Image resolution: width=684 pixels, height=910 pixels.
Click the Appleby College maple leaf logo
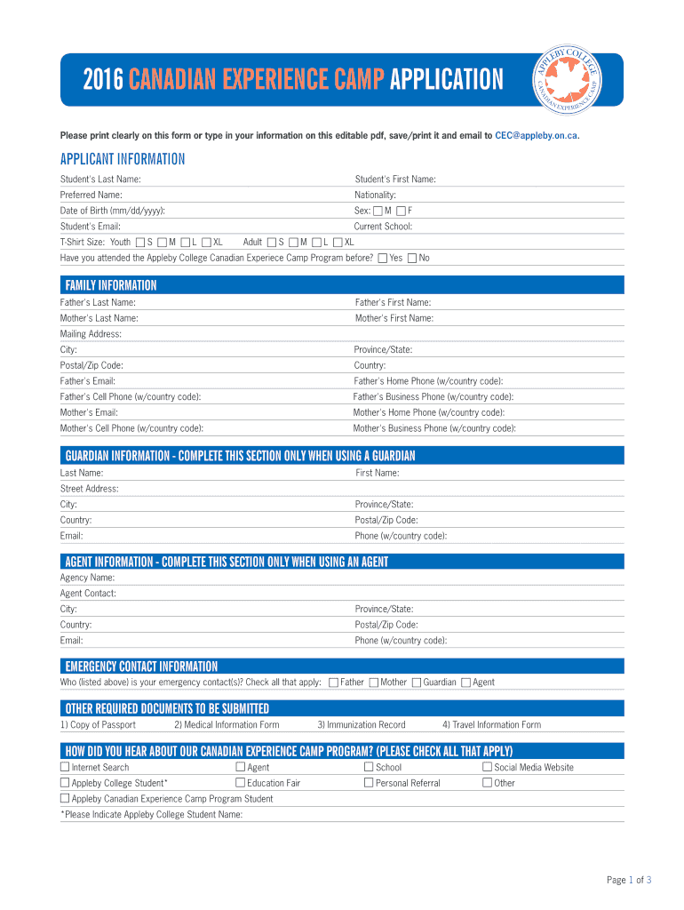(x=569, y=78)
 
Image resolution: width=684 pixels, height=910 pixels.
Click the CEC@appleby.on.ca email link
(x=537, y=136)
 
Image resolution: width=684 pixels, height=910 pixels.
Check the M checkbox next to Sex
(x=378, y=211)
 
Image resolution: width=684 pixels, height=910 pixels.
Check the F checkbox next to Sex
(x=401, y=211)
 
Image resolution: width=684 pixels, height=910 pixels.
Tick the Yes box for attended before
(x=382, y=259)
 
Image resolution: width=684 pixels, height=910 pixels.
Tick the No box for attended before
(x=412, y=259)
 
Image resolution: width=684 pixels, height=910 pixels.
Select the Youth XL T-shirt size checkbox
(x=206, y=243)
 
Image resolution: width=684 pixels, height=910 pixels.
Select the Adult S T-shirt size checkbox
(x=271, y=243)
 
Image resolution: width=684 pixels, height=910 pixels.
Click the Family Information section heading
(x=111, y=285)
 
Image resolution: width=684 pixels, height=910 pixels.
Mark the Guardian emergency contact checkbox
(x=417, y=682)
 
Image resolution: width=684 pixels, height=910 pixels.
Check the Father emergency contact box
(x=333, y=682)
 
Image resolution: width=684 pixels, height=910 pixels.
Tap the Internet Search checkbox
(x=65, y=767)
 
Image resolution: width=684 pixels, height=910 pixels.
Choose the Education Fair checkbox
(x=240, y=783)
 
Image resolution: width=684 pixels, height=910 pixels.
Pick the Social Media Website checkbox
(x=487, y=767)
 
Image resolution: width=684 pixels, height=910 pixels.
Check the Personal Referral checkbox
(x=369, y=783)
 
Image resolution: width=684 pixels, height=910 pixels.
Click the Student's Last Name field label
(x=100, y=180)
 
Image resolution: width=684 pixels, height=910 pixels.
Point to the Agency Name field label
(x=87, y=578)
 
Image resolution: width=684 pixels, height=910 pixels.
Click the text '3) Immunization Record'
(x=361, y=725)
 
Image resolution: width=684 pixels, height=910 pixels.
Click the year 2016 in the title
(x=103, y=81)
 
